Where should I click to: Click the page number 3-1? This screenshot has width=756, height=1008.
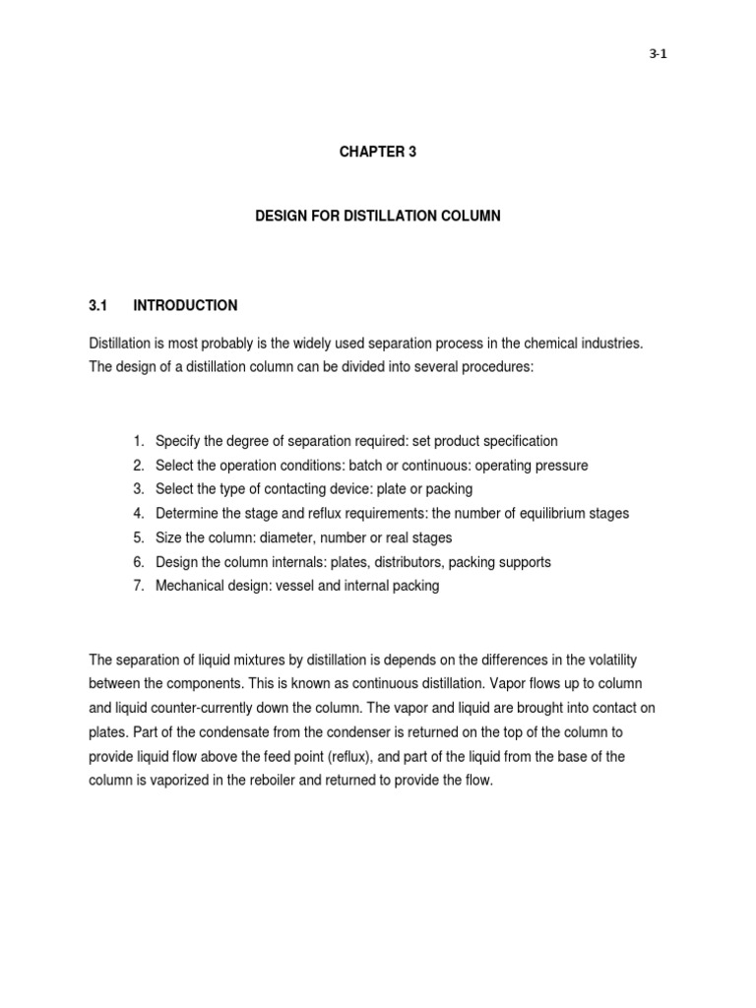pyautogui.click(x=659, y=54)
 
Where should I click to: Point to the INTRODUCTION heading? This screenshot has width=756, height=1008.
pyautogui.click(x=185, y=305)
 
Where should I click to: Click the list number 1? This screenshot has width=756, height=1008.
pyautogui.click(x=139, y=441)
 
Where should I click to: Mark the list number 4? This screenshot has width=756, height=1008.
pyautogui.click(x=139, y=514)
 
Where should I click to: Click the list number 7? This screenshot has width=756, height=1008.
pyautogui.click(x=139, y=586)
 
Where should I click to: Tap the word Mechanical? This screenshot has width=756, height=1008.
pyautogui.click(x=190, y=586)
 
